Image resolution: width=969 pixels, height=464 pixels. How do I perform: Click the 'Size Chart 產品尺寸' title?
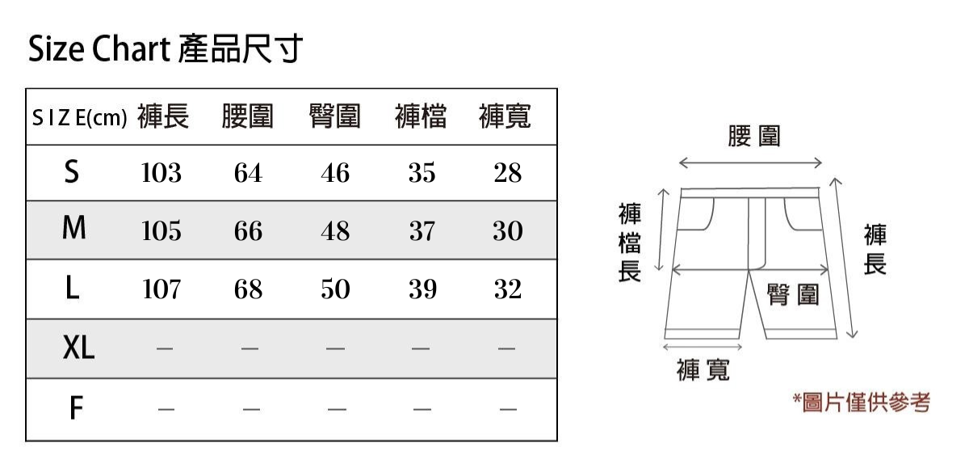click(x=165, y=50)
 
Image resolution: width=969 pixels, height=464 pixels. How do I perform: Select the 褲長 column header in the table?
click(x=163, y=117)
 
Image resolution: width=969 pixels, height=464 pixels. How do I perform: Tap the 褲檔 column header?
click(x=421, y=117)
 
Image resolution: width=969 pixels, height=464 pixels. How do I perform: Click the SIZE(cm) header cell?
click(x=79, y=119)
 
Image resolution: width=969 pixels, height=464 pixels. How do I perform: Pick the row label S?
click(x=73, y=172)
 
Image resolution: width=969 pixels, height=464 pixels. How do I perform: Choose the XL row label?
click(x=78, y=348)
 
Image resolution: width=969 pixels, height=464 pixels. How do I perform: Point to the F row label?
click(x=75, y=409)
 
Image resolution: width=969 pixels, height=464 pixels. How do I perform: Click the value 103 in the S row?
click(x=161, y=173)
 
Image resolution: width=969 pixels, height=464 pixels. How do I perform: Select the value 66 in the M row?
click(x=248, y=232)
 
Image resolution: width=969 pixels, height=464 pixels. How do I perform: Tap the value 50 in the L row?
click(x=335, y=289)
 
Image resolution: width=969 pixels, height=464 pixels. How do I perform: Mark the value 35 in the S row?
click(x=422, y=173)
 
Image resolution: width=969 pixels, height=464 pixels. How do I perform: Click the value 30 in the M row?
click(x=508, y=232)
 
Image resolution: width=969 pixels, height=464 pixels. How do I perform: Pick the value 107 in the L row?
click(x=161, y=289)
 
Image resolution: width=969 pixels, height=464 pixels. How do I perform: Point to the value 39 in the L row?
click(x=422, y=289)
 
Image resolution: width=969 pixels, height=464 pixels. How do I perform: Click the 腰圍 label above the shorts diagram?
click(x=753, y=136)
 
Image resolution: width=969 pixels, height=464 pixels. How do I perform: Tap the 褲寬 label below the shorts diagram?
click(x=703, y=370)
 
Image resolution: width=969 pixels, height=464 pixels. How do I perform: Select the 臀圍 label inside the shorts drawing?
click(x=793, y=295)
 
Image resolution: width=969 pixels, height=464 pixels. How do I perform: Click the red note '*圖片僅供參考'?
click(x=861, y=402)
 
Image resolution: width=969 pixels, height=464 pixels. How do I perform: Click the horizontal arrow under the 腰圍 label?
click(x=750, y=163)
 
